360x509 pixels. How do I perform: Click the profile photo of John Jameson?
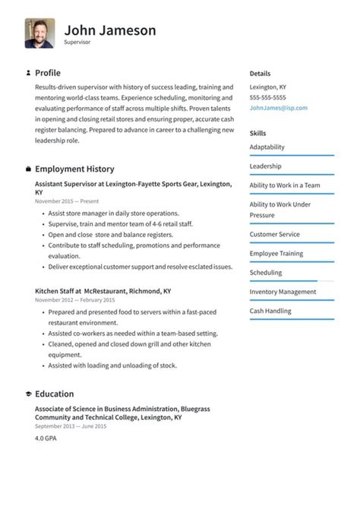click(39, 33)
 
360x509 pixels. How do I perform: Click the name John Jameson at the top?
click(110, 30)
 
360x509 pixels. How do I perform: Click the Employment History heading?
click(74, 169)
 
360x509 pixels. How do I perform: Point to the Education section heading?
click(55, 394)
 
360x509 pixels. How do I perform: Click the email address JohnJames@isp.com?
click(279, 108)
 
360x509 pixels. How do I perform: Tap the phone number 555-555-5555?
click(268, 98)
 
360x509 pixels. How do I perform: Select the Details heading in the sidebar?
click(260, 74)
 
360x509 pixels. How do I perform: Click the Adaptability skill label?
click(267, 147)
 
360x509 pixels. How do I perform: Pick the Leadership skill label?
click(265, 166)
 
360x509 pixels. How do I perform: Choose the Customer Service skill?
click(274, 235)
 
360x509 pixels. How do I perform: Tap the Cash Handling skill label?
click(270, 311)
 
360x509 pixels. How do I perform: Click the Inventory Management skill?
click(283, 292)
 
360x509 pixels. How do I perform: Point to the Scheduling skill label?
click(266, 273)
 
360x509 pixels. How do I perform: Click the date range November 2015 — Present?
click(67, 201)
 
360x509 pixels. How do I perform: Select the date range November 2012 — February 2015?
click(74, 300)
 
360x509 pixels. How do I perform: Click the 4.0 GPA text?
click(46, 438)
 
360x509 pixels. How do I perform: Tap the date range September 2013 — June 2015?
click(71, 426)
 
